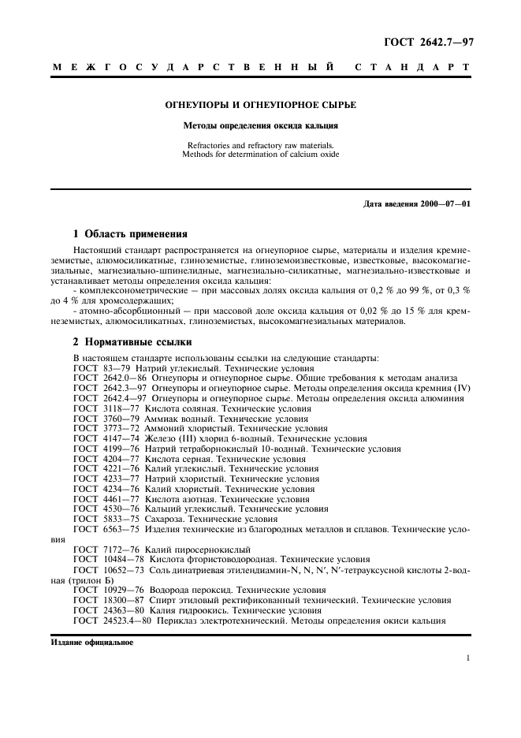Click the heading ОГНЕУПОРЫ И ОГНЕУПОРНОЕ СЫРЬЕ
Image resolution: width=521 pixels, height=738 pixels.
[x=260, y=104]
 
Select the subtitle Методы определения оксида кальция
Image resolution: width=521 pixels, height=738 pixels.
[x=260, y=125]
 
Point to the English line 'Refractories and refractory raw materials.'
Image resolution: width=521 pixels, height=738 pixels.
[x=260, y=144]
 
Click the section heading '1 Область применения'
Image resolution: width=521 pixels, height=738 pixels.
[x=130, y=233]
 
